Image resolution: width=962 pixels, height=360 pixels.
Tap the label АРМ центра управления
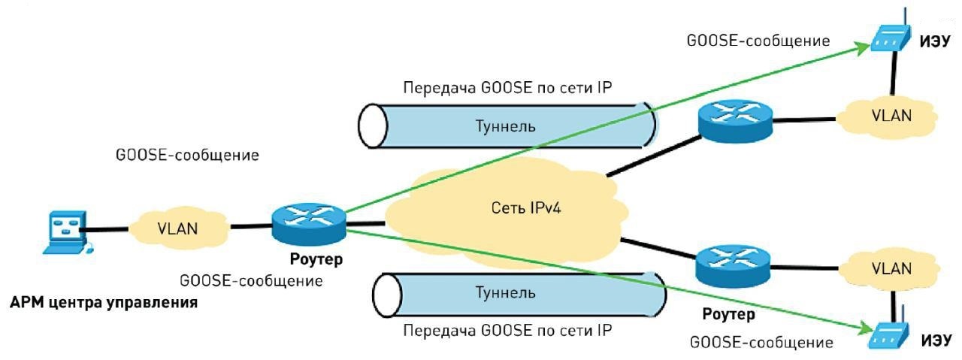pyautogui.click(x=104, y=304)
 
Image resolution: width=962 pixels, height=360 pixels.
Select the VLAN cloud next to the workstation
pyautogui.click(x=178, y=228)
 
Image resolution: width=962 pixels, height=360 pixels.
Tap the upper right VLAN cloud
pyautogui.click(x=891, y=117)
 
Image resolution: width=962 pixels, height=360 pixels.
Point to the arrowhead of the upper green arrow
pyautogui.click(x=864, y=47)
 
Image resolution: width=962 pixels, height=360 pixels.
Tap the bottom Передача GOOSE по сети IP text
pyautogui.click(x=508, y=329)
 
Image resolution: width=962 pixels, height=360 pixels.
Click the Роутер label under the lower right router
pyautogui.click(x=728, y=312)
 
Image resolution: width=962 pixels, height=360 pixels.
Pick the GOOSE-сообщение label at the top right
pyautogui.click(x=758, y=41)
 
